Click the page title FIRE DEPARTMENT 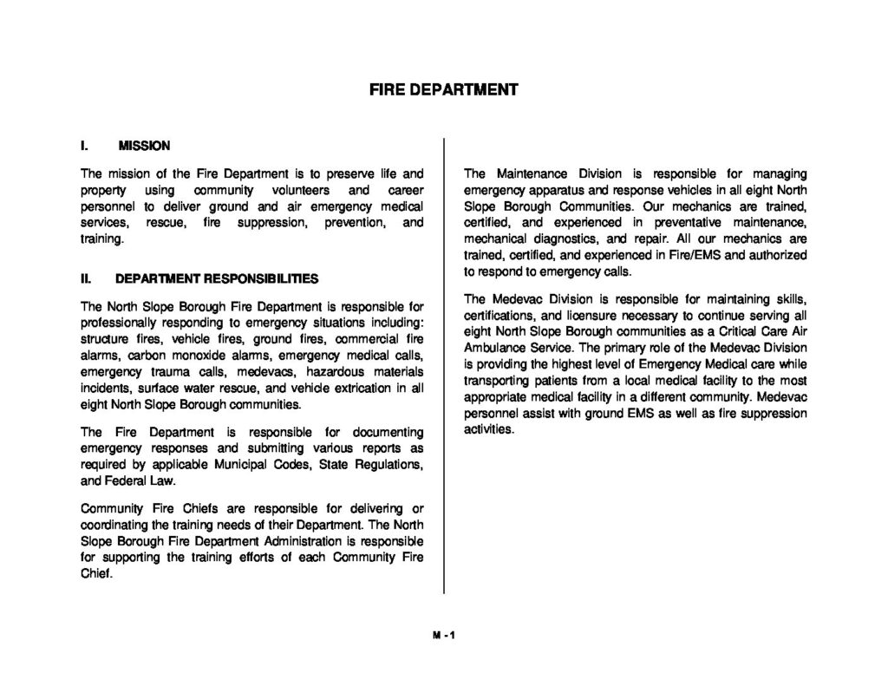[443, 89]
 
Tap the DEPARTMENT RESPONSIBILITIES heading [217, 279]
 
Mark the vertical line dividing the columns [444, 364]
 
